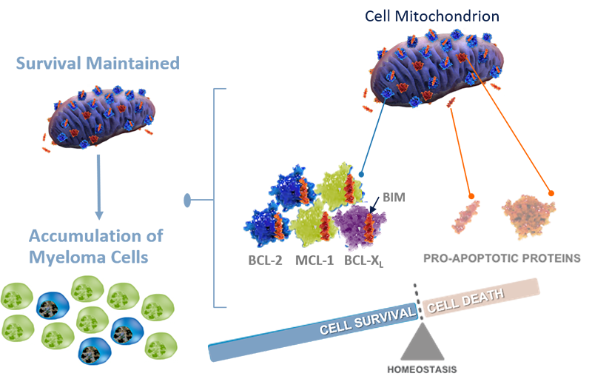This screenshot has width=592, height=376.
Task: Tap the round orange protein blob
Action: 529,215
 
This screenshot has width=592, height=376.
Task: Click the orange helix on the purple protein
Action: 348,220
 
